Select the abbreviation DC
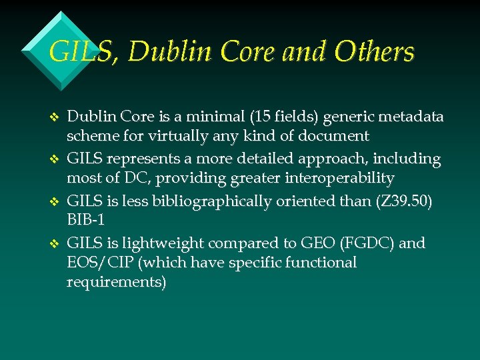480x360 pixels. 131,179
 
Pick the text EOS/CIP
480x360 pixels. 94,263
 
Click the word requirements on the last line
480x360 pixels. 116,283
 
